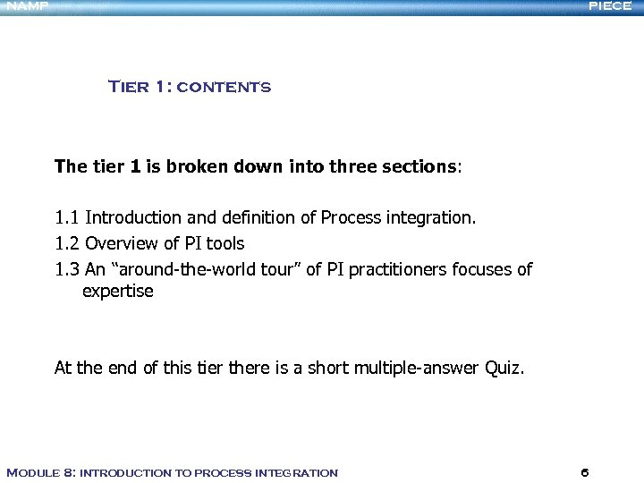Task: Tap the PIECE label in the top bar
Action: pyautogui.click(x=610, y=6)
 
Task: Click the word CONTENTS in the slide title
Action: pyautogui.click(x=224, y=88)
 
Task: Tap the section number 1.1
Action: pyautogui.click(x=67, y=218)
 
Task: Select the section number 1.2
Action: pyautogui.click(x=67, y=243)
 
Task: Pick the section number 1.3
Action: pyautogui.click(x=67, y=268)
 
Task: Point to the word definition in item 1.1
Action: pyautogui.click(x=260, y=218)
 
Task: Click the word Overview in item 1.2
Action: pyautogui.click(x=121, y=243)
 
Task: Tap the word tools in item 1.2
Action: pyautogui.click(x=225, y=243)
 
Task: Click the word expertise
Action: pyautogui.click(x=117, y=292)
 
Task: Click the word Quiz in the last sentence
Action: pyautogui.click(x=503, y=368)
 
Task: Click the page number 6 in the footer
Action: pyautogui.click(x=584, y=472)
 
